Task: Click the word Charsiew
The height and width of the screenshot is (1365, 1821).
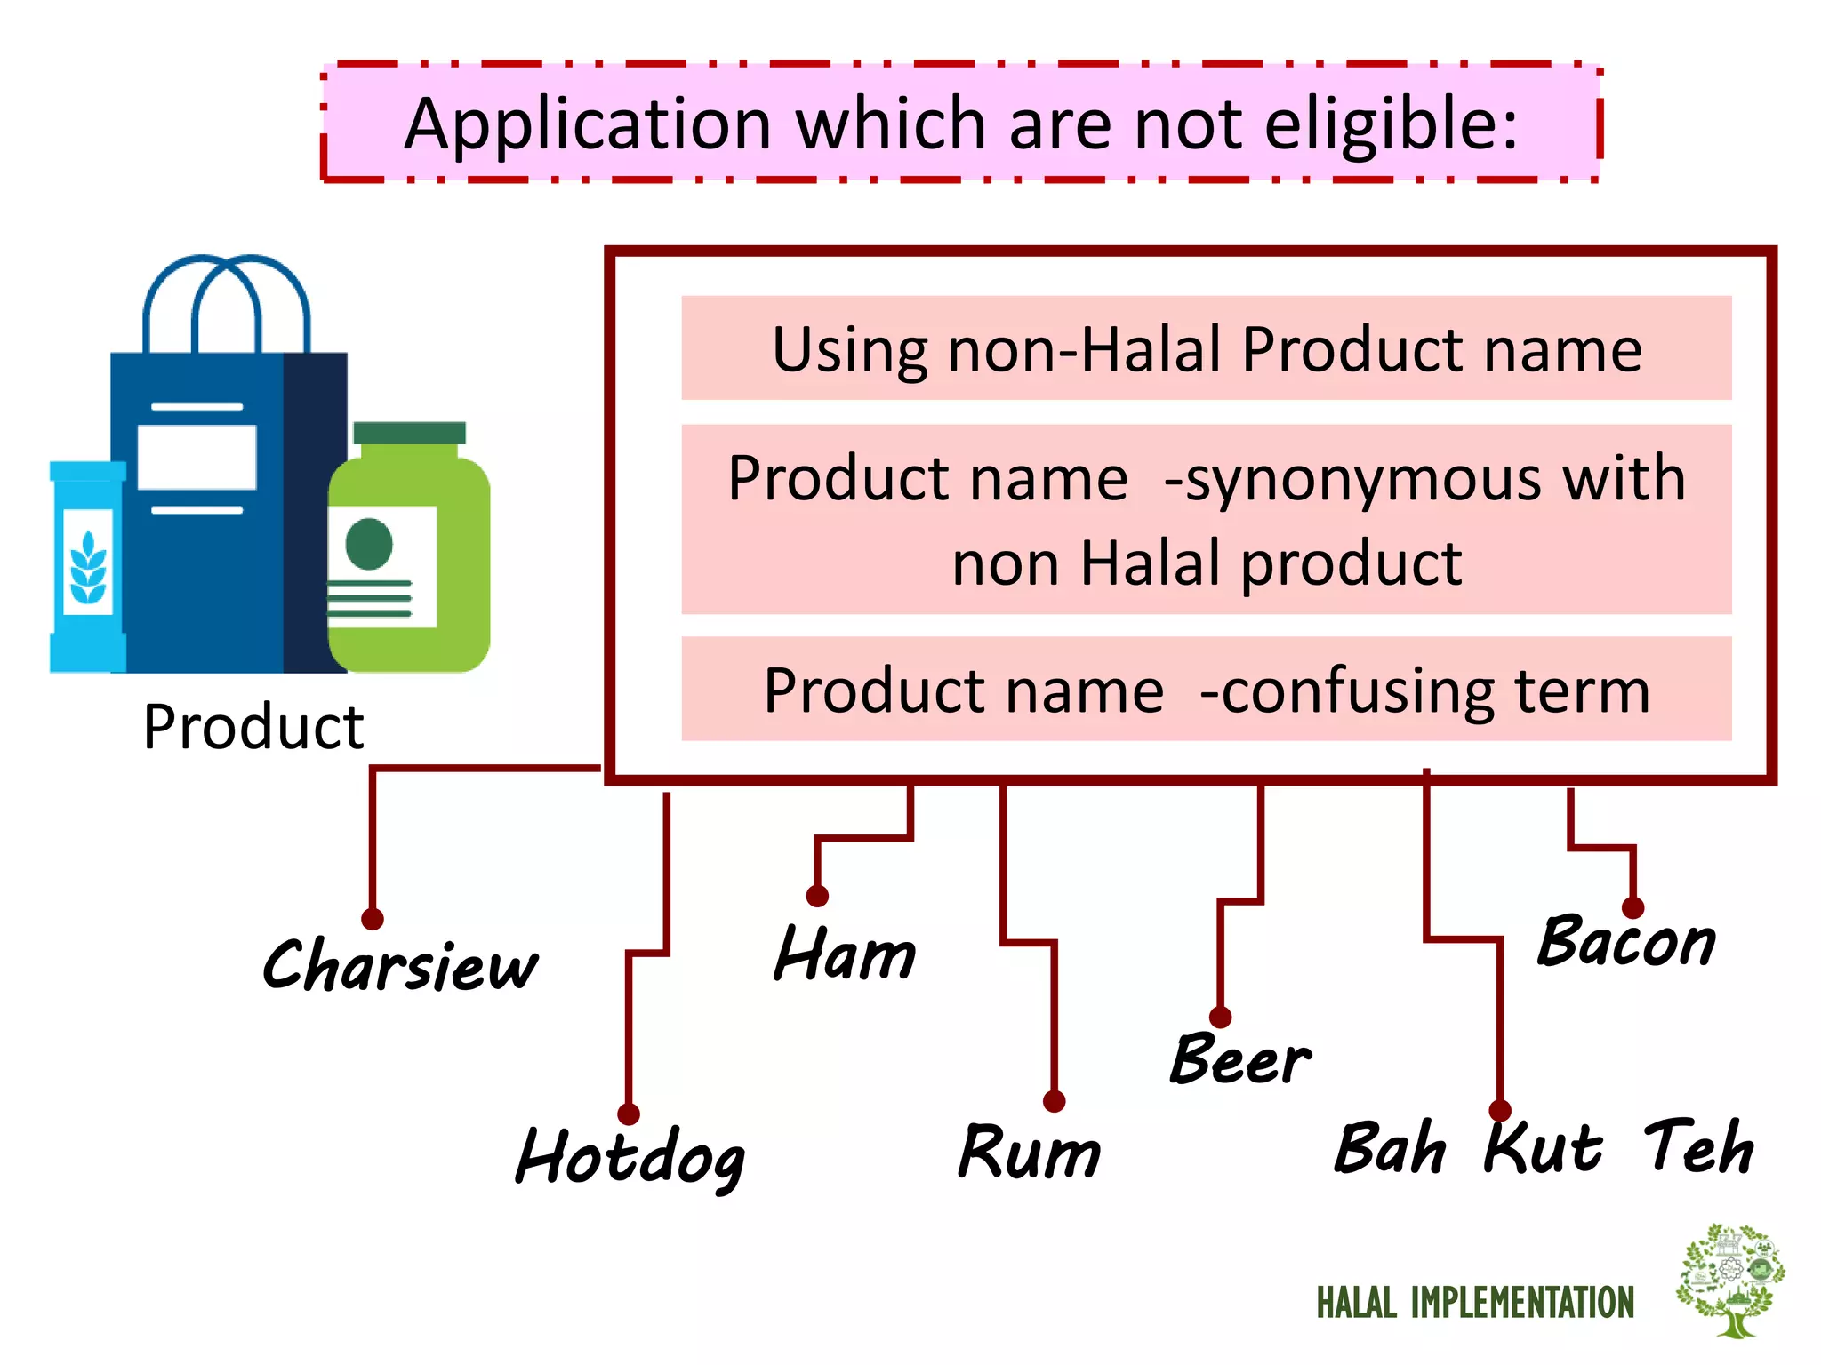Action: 400,966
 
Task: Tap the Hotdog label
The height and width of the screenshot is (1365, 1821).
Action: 630,1157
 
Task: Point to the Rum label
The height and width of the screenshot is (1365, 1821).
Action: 1029,1153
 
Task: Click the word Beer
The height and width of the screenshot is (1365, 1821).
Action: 1239,1059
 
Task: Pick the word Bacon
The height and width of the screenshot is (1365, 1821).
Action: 1626,942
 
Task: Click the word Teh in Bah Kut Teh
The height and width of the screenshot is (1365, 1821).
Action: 1698,1147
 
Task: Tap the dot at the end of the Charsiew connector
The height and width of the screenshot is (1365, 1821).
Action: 373,919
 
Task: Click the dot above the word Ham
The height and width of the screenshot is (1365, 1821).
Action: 817,896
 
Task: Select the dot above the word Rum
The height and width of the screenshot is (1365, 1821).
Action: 1054,1102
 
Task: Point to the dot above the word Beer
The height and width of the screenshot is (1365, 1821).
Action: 1220,1018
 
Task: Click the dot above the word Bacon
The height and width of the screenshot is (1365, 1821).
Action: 1632,907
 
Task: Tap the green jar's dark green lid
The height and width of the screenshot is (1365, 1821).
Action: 409,433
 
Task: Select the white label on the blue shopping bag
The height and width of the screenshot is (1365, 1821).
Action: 197,457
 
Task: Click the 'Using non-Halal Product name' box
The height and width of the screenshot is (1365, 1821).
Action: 1206,348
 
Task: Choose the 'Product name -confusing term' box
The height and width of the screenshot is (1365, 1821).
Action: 1206,690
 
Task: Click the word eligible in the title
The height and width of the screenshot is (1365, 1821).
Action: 1391,124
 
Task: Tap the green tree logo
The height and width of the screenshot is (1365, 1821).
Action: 1730,1279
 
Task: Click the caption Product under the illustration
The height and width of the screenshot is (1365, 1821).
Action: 253,727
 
